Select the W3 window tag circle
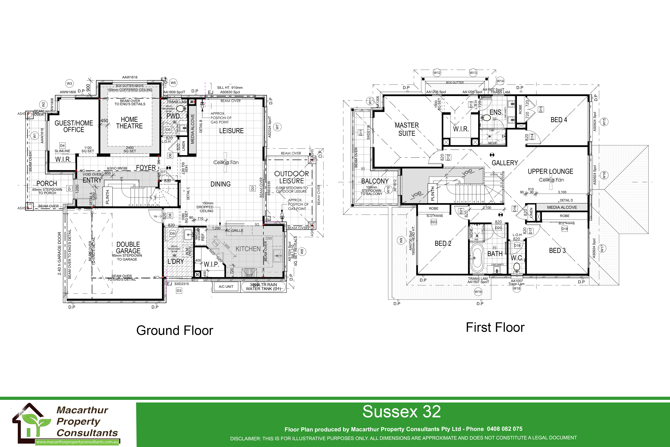69,83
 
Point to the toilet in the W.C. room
516,268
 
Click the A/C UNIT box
226,287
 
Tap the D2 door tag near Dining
253,188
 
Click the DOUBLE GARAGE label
128,248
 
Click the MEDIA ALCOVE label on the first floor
562,207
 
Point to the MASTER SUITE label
407,129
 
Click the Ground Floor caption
175,330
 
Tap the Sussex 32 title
401,412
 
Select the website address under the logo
77,442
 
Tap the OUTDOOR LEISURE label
291,177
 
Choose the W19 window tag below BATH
478,291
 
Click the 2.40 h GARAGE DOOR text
59,253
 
